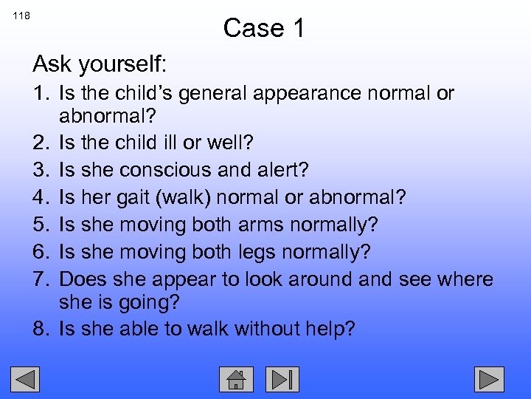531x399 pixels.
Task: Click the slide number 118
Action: coord(21,16)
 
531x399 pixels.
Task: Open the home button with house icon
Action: coord(236,379)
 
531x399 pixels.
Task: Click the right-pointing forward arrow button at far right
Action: coord(488,379)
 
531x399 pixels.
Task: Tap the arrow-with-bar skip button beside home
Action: coord(282,379)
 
